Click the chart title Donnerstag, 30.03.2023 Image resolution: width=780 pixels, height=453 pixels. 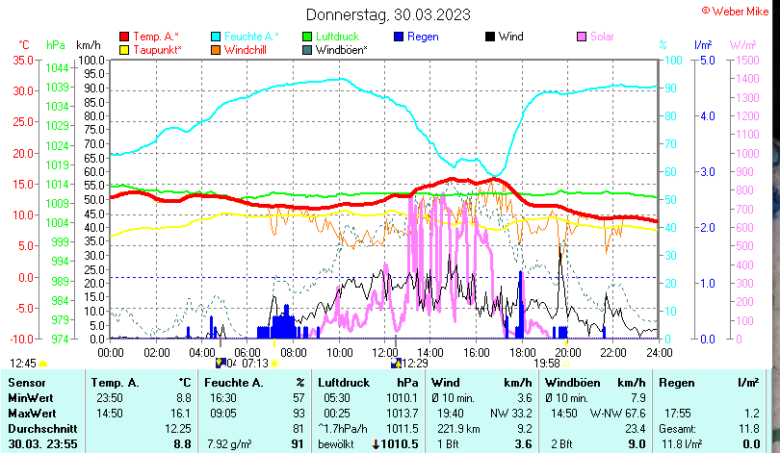(x=389, y=14)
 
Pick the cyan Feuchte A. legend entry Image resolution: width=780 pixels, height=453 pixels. (x=250, y=37)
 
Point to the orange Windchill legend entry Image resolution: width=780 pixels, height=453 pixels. (x=250, y=49)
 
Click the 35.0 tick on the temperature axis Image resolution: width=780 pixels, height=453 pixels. (x=19, y=60)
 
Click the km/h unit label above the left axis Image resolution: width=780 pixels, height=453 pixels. (x=88, y=45)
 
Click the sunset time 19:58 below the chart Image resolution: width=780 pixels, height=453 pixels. (x=546, y=363)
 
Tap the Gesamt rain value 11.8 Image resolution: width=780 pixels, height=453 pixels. (x=746, y=428)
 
